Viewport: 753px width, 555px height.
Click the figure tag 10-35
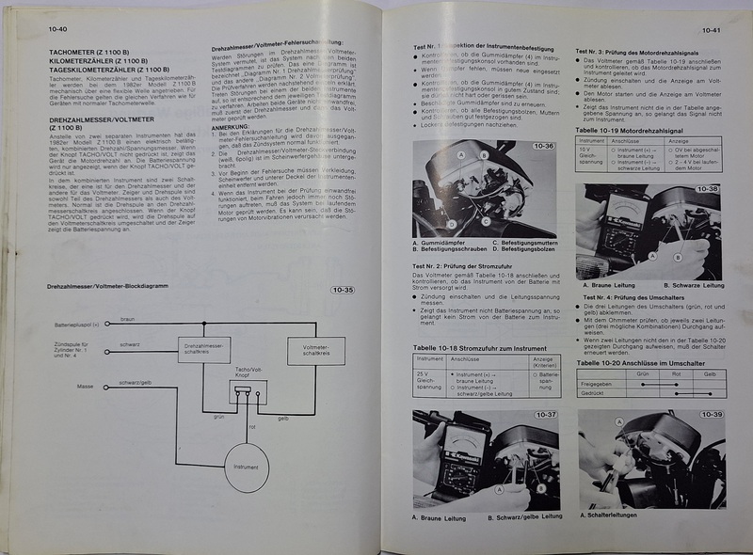[x=342, y=290]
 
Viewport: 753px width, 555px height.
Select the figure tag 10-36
[x=543, y=147]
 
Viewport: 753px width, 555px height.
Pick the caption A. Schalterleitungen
[x=616, y=514]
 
